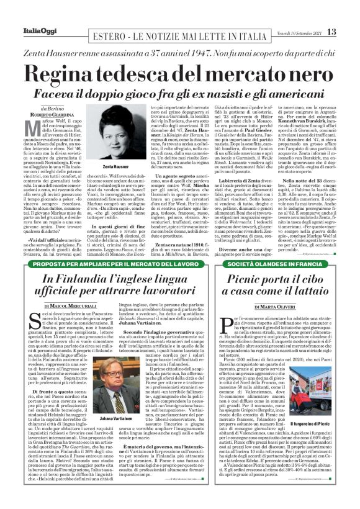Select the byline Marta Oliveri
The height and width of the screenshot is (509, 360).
pos(272,307)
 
